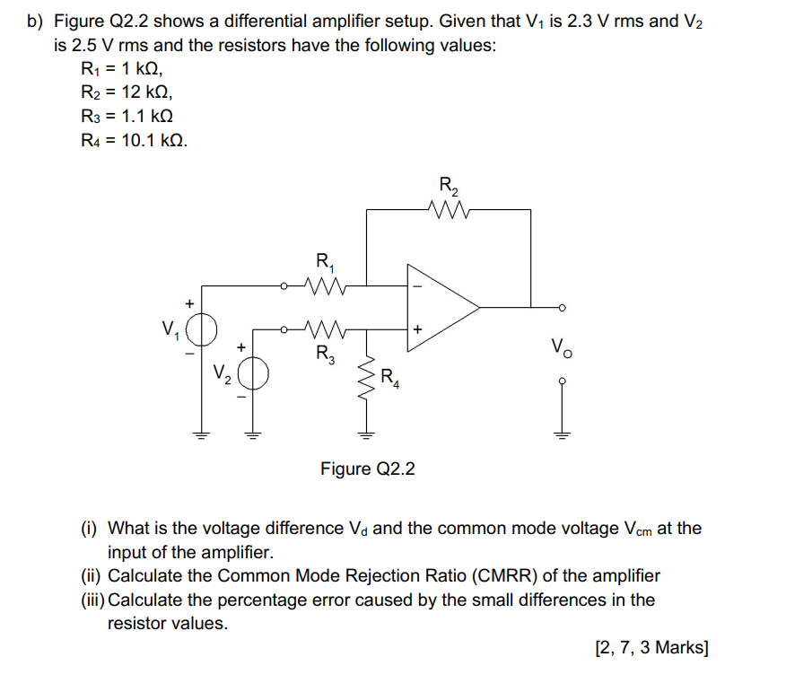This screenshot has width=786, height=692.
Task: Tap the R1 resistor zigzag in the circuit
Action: click(321, 286)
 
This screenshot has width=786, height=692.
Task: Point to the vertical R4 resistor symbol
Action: click(365, 381)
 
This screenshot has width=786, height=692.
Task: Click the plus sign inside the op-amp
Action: click(416, 328)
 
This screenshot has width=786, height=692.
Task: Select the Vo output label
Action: click(560, 345)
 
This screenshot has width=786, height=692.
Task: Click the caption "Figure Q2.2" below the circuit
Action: click(368, 469)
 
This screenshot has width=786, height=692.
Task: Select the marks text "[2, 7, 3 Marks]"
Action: click(651, 647)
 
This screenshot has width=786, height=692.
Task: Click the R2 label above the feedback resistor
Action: click(448, 187)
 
